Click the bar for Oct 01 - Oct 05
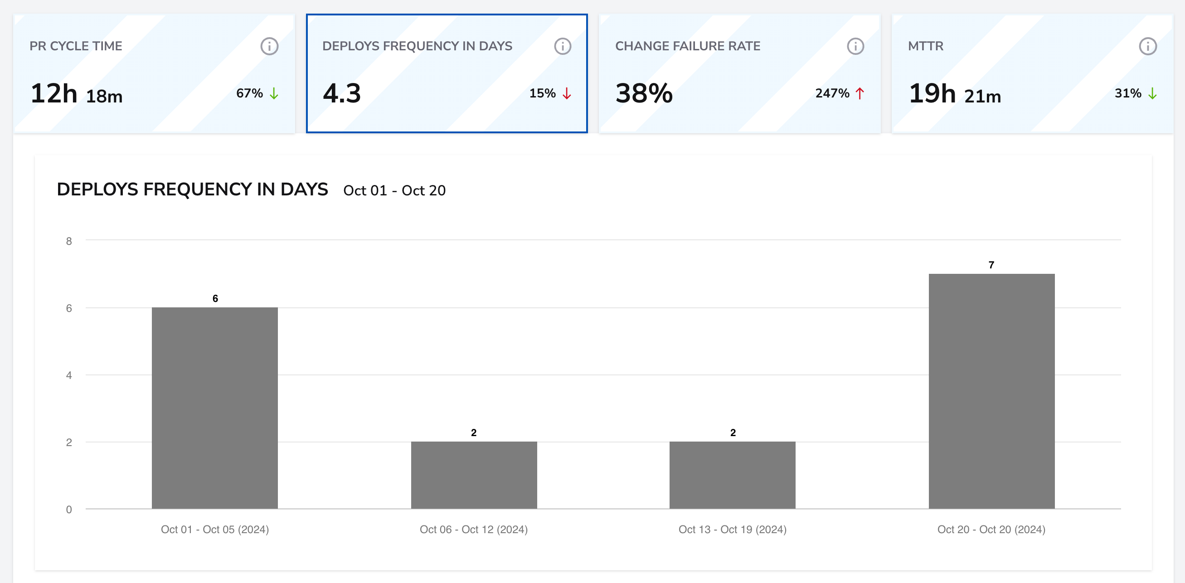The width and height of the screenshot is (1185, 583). coord(214,408)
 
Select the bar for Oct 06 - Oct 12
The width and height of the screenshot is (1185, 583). coord(474,475)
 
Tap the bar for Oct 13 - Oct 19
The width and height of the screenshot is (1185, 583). coord(732,475)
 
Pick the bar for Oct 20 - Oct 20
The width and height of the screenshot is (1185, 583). coord(991,391)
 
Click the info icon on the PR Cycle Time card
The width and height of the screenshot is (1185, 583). coord(269,46)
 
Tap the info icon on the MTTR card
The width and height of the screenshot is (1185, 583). coord(1148,46)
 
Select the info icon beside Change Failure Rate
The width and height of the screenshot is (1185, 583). coord(855,46)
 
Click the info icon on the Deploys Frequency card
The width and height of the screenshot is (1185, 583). coord(562,46)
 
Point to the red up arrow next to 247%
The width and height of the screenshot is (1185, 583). coord(860,93)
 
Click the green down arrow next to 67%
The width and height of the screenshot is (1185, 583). coord(274,93)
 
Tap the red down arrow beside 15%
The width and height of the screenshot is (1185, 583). coord(567,93)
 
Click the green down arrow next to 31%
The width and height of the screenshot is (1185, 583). coord(1152,93)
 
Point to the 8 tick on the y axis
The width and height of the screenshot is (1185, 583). coord(69,241)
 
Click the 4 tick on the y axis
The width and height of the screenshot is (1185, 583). coord(69,375)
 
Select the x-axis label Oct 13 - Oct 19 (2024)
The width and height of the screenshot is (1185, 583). coord(732,530)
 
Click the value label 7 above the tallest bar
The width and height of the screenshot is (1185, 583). coord(991,265)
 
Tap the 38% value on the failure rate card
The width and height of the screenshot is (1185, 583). coord(644,93)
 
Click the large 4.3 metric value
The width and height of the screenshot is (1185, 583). coord(342,93)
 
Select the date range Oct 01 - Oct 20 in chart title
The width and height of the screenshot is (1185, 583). coord(394,190)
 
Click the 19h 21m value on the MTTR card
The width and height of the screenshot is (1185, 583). coord(955,94)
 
